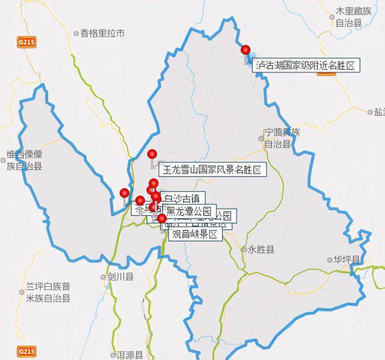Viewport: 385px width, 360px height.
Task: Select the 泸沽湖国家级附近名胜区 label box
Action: [x=307, y=65]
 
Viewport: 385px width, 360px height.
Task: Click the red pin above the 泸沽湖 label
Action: [x=246, y=50]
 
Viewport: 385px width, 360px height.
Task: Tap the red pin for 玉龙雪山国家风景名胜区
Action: [x=152, y=155]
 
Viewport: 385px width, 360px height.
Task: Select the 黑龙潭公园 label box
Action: [x=189, y=211]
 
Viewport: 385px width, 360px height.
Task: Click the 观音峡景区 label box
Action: [x=195, y=234]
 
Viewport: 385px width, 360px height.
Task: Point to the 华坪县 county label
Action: [x=347, y=259]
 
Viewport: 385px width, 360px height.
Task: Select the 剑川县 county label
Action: [x=121, y=277]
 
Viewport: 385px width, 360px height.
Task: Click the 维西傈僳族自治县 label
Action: [x=24, y=160]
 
